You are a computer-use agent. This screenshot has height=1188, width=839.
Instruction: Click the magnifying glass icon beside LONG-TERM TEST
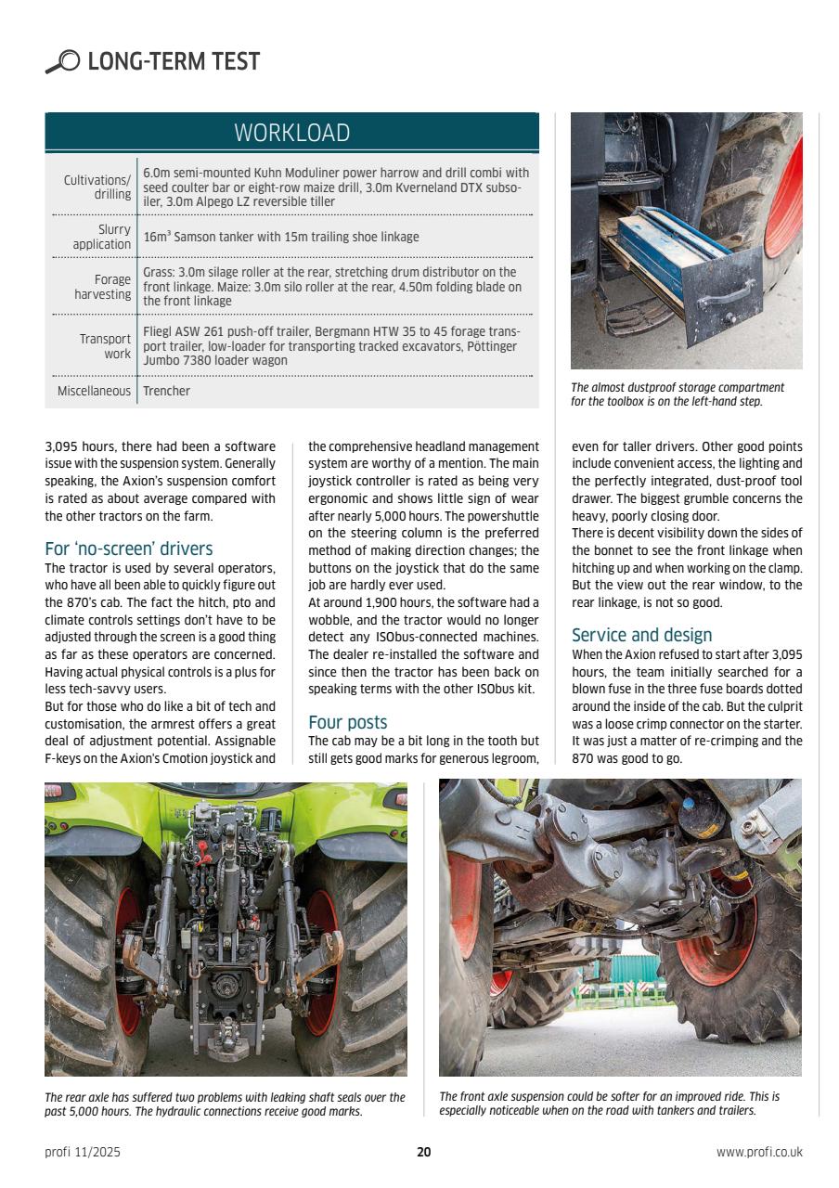pos(62,62)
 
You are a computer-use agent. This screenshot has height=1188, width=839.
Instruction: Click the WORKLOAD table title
pos(291,133)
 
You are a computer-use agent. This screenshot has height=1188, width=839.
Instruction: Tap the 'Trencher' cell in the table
pos(166,391)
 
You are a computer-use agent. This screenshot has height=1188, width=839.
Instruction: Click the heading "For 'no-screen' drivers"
pos(128,549)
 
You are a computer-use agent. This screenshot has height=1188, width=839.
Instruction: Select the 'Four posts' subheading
pos(347,722)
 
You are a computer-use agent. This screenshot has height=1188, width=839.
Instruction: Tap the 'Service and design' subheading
pos(641,635)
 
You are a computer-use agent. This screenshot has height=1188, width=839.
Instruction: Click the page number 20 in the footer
pos(423,1153)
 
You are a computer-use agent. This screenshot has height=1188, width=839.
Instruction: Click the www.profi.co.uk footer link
pos(758,1153)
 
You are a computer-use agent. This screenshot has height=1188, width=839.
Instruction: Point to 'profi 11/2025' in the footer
pos(83,1153)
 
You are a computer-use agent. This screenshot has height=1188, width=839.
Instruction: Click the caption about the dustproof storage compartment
pos(677,394)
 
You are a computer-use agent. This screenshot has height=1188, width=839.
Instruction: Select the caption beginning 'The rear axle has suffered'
pos(225,1104)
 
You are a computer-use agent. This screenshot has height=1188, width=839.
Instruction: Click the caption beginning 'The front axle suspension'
pos(609,1104)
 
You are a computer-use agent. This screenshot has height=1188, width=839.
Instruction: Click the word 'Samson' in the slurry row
pos(195,237)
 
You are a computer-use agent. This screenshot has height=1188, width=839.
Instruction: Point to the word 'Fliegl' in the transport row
pos(160,331)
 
